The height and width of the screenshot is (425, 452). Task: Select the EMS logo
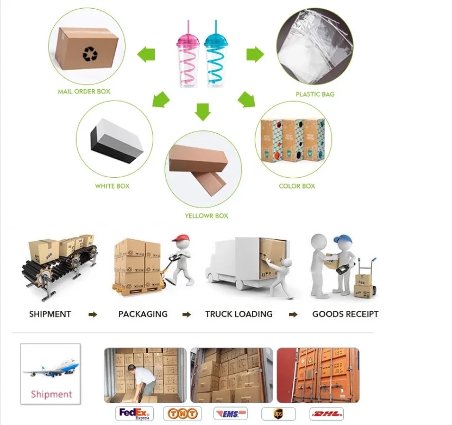coord(230,414)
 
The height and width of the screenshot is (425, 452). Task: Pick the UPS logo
coord(279,414)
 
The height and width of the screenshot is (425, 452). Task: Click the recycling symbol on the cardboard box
coord(89,53)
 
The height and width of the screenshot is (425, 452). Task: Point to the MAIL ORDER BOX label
coord(84,91)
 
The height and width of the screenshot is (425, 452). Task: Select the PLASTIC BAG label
coord(315,94)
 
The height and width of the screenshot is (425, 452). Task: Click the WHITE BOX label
coord(112,186)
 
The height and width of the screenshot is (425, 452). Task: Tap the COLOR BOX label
coord(297,186)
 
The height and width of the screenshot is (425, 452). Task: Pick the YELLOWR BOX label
coord(206,216)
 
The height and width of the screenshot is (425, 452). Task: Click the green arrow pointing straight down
coord(203,111)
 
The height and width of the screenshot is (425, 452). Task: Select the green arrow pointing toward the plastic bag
coord(255,54)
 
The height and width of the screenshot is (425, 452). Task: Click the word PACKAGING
coord(143,314)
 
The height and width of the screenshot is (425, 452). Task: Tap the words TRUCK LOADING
coord(239,314)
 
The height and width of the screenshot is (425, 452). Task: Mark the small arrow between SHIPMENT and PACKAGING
coord(93,315)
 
